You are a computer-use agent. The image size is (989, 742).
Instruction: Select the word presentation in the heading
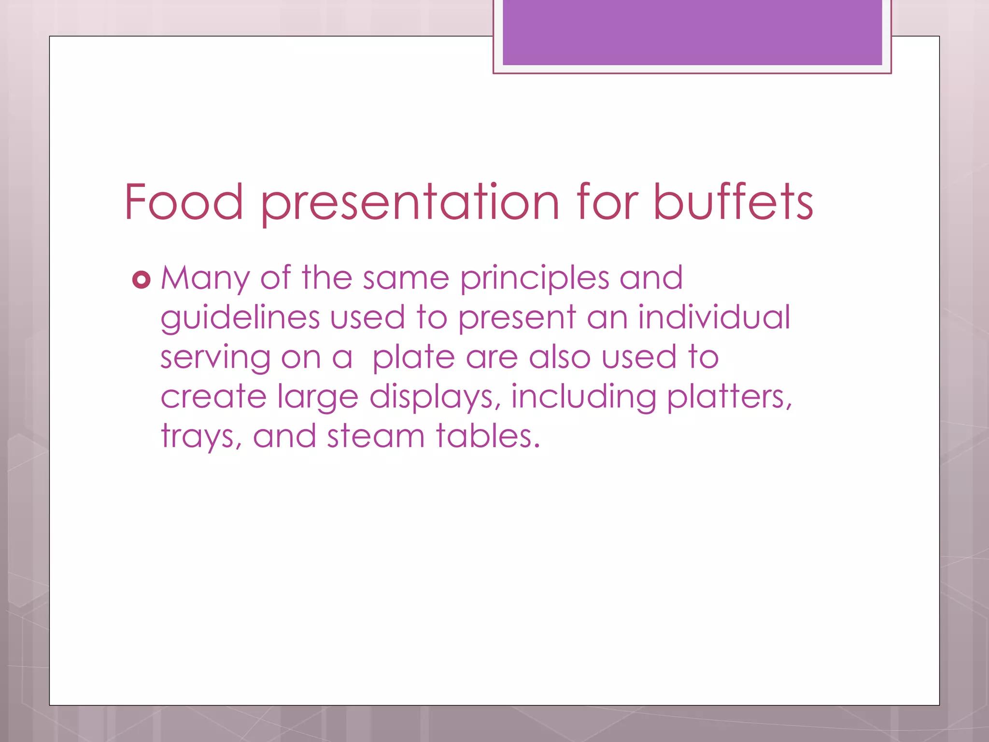410,203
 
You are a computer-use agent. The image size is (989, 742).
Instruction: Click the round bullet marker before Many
141,280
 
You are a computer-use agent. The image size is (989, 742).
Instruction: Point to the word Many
205,279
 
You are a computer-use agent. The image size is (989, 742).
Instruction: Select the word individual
714,317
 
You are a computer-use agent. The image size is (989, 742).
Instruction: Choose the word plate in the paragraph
413,358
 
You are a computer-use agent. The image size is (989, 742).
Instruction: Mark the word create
213,397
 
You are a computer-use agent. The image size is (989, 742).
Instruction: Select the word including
583,398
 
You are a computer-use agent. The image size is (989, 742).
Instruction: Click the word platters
729,398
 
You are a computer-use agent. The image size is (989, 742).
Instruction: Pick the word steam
375,436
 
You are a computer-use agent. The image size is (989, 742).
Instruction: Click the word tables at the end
487,436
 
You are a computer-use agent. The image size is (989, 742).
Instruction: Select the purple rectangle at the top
692,32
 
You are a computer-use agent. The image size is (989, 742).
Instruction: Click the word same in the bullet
406,279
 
